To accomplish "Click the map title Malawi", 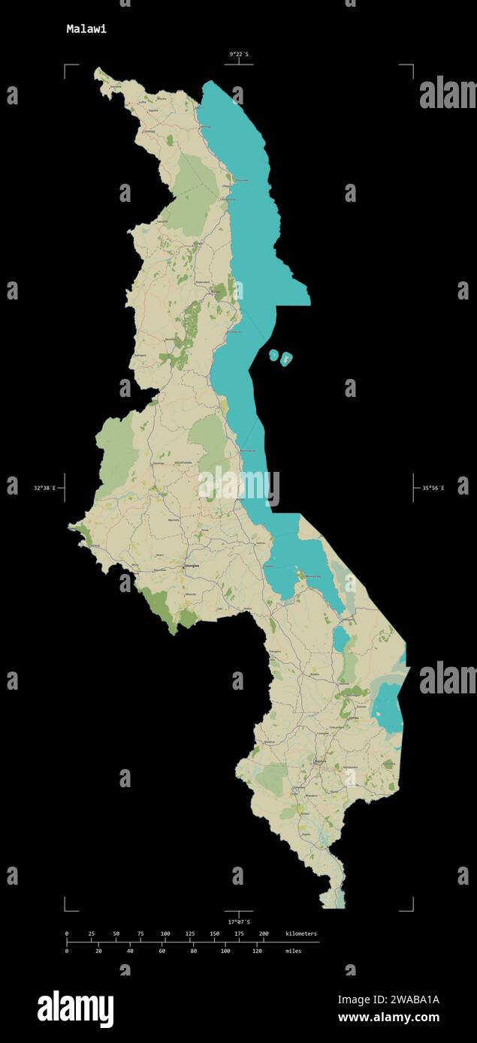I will click(x=86, y=29).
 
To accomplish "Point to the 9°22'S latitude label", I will click(x=239, y=54).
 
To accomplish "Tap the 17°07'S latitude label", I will click(x=239, y=921).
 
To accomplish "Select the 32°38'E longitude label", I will click(x=44, y=488).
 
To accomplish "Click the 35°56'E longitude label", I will click(x=433, y=488).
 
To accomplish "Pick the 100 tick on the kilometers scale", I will click(x=165, y=933).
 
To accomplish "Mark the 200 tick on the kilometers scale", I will click(x=264, y=933).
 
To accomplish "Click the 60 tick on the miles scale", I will click(x=162, y=951).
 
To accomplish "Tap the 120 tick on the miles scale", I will click(x=257, y=951).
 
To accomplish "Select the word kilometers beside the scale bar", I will click(x=301, y=933).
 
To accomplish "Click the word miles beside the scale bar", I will click(x=294, y=951).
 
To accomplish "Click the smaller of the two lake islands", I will click(x=273, y=354).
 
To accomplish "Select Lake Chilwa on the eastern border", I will click(x=387, y=705).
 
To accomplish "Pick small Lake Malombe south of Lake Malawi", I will click(x=341, y=640).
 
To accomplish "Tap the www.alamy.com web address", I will click(x=388, y=1017).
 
